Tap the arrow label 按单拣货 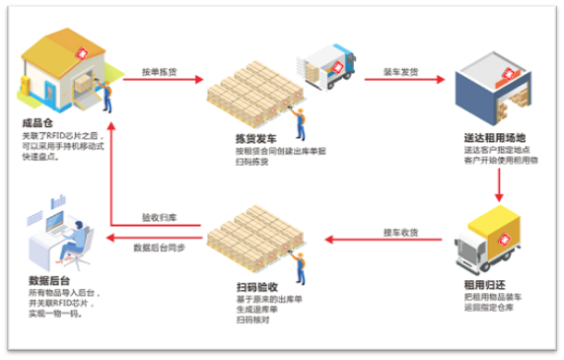pyautogui.click(x=160, y=73)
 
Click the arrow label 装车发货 pyautogui.click(x=399, y=73)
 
